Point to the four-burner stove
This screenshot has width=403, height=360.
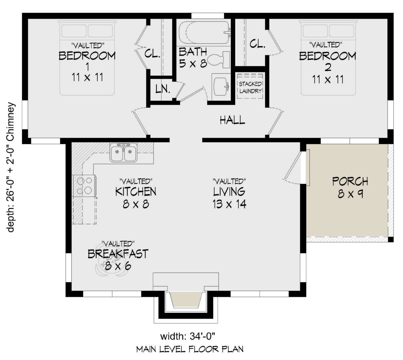click(84, 186)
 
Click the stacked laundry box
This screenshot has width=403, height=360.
click(250, 86)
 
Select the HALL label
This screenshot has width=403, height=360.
click(232, 120)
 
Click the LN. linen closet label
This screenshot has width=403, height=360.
click(163, 89)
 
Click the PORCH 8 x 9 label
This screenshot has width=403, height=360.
click(350, 187)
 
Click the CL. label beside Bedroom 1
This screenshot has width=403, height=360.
click(152, 54)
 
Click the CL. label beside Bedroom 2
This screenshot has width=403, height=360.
click(258, 44)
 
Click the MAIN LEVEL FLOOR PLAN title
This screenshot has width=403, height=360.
click(189, 350)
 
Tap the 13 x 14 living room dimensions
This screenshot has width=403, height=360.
click(229, 204)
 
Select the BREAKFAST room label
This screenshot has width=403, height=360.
click(118, 254)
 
